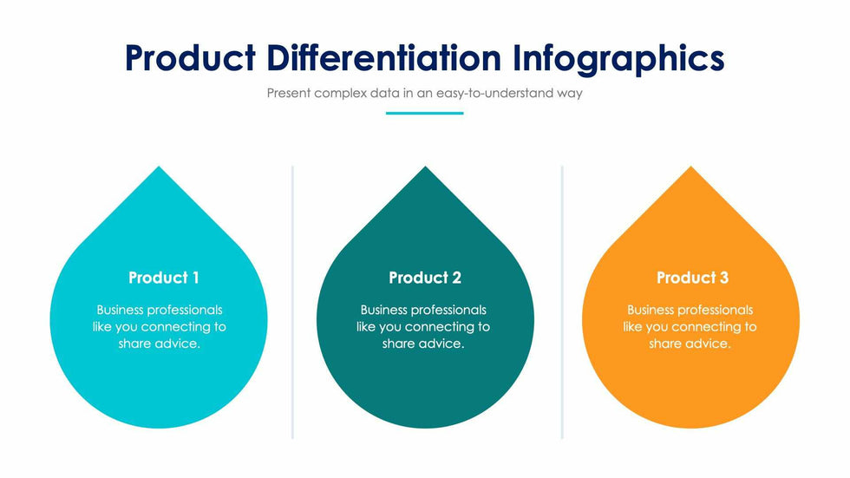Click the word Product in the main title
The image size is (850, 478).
190,58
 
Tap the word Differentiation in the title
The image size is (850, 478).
384,58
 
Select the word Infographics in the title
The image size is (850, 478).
618,60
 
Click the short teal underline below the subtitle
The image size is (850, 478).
424,114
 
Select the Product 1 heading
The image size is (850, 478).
164,278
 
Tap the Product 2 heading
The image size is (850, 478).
425,278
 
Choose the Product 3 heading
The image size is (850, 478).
693,278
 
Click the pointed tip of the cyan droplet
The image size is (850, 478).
159,167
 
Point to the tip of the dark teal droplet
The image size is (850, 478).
426,167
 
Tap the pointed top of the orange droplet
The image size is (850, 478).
691,167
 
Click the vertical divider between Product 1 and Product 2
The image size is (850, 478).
293,302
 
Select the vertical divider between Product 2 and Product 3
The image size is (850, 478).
562,302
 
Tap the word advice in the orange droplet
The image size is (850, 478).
707,344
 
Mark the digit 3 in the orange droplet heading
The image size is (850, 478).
723,278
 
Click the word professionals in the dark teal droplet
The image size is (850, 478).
452,311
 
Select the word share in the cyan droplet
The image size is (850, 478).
133,344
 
